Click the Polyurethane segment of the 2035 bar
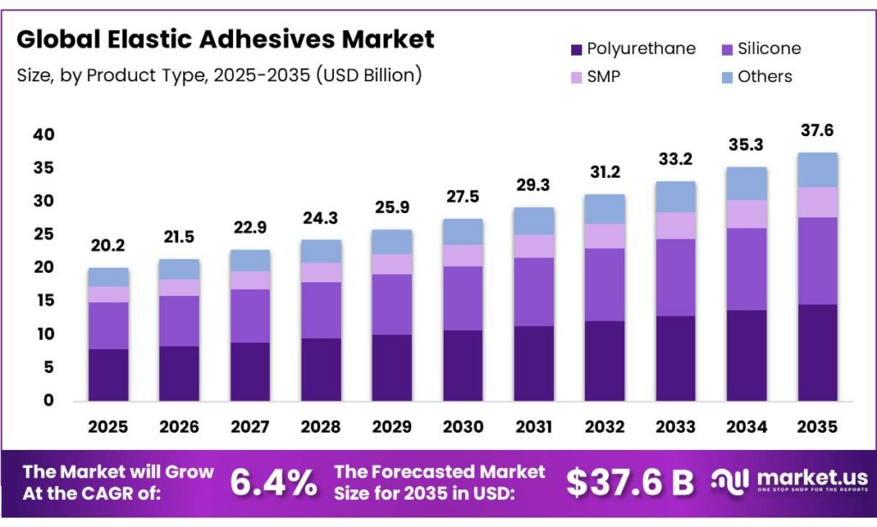coord(817,352)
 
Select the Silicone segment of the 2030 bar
coord(462,298)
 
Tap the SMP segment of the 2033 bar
coord(676,225)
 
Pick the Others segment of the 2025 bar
coord(108,276)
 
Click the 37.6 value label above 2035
coord(817,131)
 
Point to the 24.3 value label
coord(320,219)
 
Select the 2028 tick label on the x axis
coord(320,426)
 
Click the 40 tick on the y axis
coord(45,135)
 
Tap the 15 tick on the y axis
coord(45,300)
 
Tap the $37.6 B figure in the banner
coord(629,483)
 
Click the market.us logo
coord(789,481)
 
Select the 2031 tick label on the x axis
coord(534,426)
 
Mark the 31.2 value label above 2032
coord(605,174)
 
